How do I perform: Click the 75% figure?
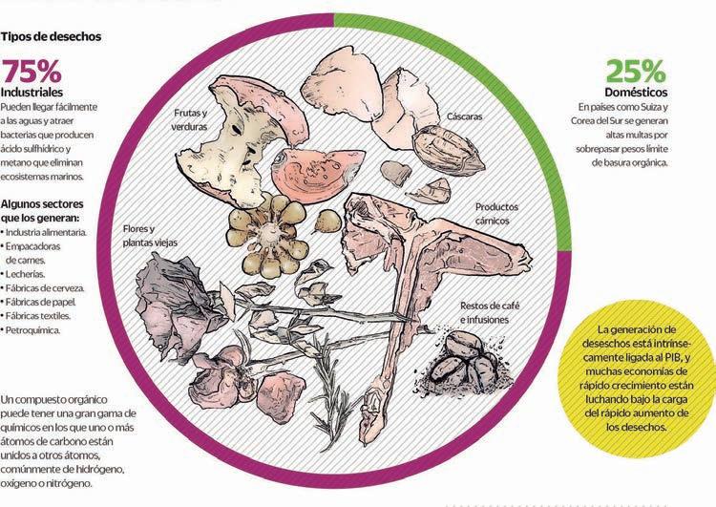tap(32, 73)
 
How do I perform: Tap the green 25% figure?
tap(635, 72)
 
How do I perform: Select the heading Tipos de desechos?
tap(53, 37)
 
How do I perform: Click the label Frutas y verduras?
tap(191, 120)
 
